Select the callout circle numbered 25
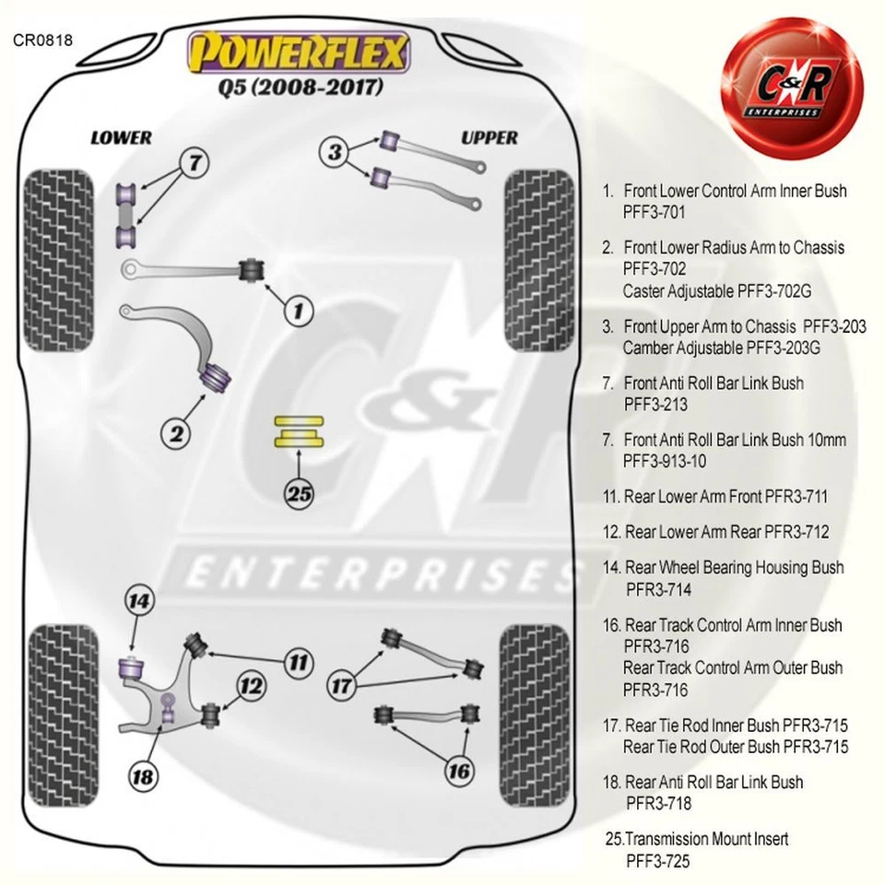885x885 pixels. coord(300,493)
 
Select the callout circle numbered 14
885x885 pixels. coord(139,602)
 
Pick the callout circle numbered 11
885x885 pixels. coord(297,661)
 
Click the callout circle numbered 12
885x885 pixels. coord(251,687)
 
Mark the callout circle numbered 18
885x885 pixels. coord(143,775)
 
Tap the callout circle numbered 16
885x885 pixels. coord(458,771)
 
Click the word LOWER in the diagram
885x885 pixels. coord(121,137)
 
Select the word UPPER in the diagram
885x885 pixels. coord(490,137)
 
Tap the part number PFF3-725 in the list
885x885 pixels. coord(657,860)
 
